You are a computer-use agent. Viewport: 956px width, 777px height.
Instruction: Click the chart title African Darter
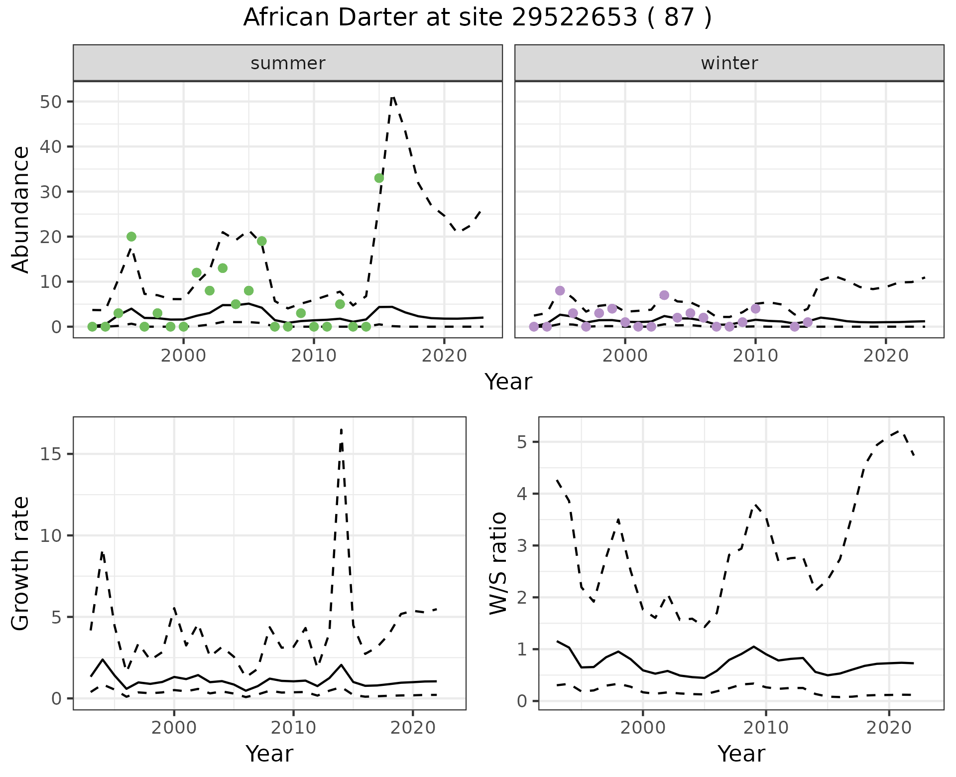477,18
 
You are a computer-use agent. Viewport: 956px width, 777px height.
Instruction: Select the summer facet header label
288,63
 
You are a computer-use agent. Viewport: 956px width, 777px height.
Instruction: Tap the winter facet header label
729,63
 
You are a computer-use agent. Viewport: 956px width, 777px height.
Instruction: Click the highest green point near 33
379,178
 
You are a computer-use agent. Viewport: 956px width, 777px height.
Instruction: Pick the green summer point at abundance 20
131,237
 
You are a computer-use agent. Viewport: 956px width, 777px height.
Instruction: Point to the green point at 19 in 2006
262,241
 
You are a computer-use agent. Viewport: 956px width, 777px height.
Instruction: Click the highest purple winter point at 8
560,290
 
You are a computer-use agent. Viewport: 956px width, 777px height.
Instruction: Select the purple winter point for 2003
664,295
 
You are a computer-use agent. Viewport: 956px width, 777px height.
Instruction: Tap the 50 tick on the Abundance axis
50,102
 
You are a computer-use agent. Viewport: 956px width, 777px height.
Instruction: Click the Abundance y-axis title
21,209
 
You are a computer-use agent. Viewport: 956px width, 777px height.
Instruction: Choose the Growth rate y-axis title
21,563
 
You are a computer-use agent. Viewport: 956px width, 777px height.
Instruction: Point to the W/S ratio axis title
498,563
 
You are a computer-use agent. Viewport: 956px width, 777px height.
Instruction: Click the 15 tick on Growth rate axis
50,454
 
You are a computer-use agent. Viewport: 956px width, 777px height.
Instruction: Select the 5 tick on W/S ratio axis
523,442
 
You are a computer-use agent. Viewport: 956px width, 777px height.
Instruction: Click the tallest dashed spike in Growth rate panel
341,429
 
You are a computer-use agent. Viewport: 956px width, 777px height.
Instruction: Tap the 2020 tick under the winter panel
886,356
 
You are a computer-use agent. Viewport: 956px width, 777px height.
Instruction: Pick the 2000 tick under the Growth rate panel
174,728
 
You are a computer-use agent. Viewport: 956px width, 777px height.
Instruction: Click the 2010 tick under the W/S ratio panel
766,728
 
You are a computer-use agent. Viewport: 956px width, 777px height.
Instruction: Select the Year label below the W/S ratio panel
741,754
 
